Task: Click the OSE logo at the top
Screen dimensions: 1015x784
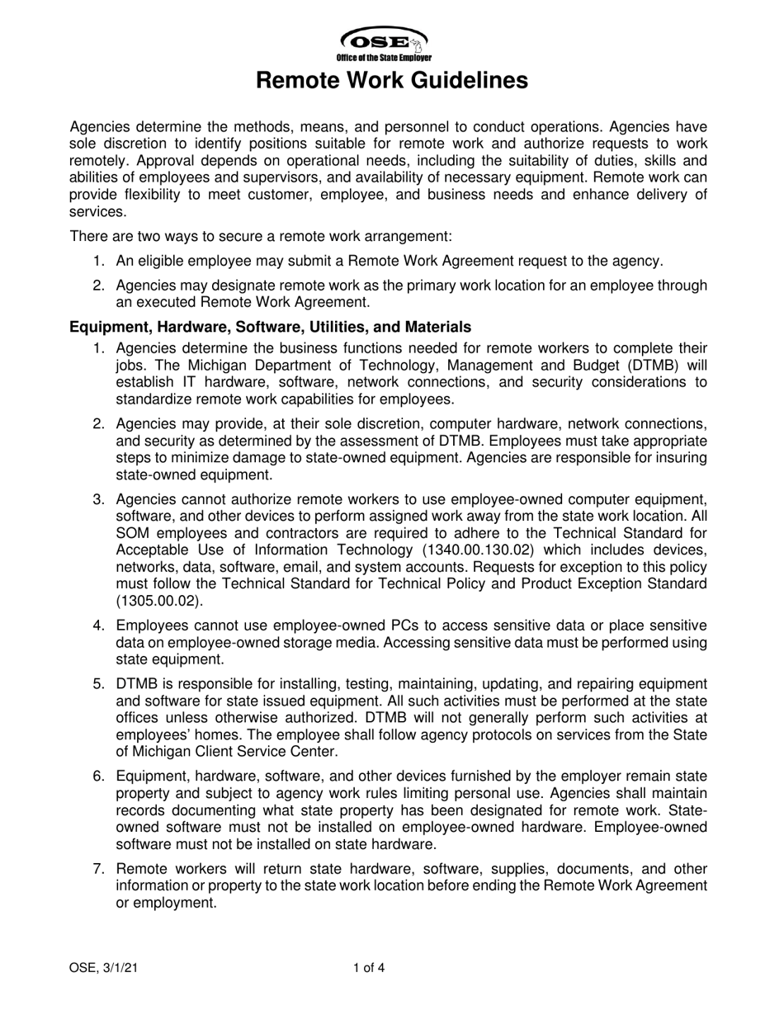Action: click(383, 40)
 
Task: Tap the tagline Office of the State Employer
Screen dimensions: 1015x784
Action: click(384, 58)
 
